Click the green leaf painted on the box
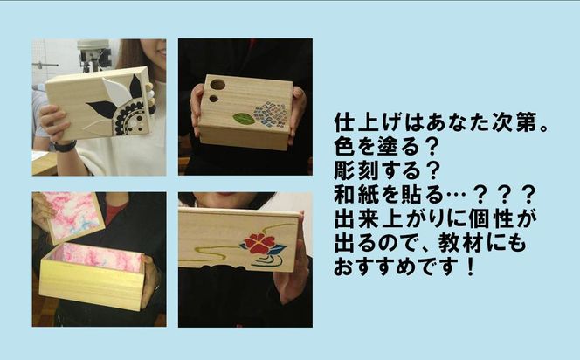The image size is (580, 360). (245, 119)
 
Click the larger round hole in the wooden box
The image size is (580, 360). (217, 85)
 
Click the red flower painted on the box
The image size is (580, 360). (260, 244)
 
